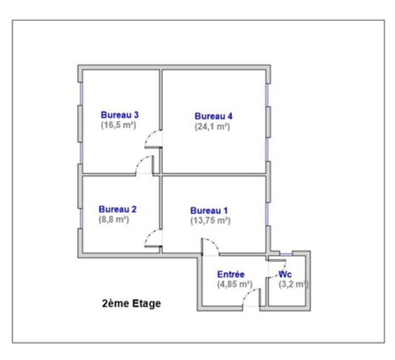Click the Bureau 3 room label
[119, 115]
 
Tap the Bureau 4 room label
[214, 116]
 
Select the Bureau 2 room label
[118, 209]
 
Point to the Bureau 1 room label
[209, 211]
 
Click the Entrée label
[231, 274]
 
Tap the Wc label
[285, 274]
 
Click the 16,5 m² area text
[118, 125]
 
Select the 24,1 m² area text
[212, 127]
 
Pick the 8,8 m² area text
[114, 220]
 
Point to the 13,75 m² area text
[211, 220]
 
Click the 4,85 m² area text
[235, 284]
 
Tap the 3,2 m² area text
[294, 284]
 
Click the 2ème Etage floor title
[132, 303]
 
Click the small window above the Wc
[286, 253]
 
